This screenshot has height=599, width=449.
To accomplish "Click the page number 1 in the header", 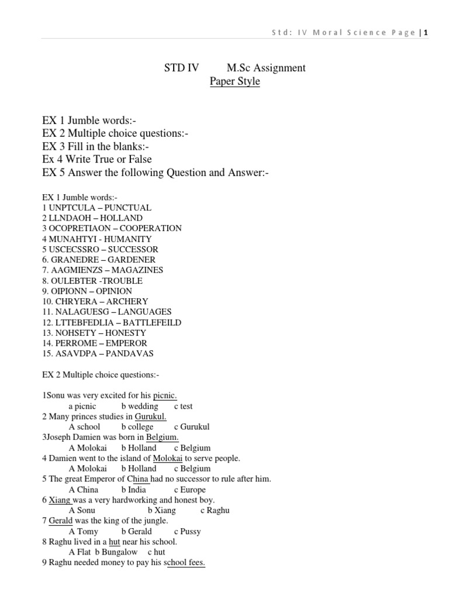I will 426,33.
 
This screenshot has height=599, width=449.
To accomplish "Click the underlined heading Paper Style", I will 234,81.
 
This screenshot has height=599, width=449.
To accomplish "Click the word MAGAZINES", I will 139,270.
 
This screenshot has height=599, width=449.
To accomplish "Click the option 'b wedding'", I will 140,406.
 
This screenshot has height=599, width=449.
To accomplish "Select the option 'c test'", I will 183,406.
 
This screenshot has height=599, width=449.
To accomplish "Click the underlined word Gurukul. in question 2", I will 151,416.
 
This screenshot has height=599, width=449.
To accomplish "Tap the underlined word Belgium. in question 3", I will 163,438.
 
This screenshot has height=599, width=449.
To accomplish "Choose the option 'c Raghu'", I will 215,510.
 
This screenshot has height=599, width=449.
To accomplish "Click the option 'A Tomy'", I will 84,531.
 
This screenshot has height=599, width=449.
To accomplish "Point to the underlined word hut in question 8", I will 115,542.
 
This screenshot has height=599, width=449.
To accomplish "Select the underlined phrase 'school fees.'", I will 186,563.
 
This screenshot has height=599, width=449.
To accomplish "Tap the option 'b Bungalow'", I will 116,552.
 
